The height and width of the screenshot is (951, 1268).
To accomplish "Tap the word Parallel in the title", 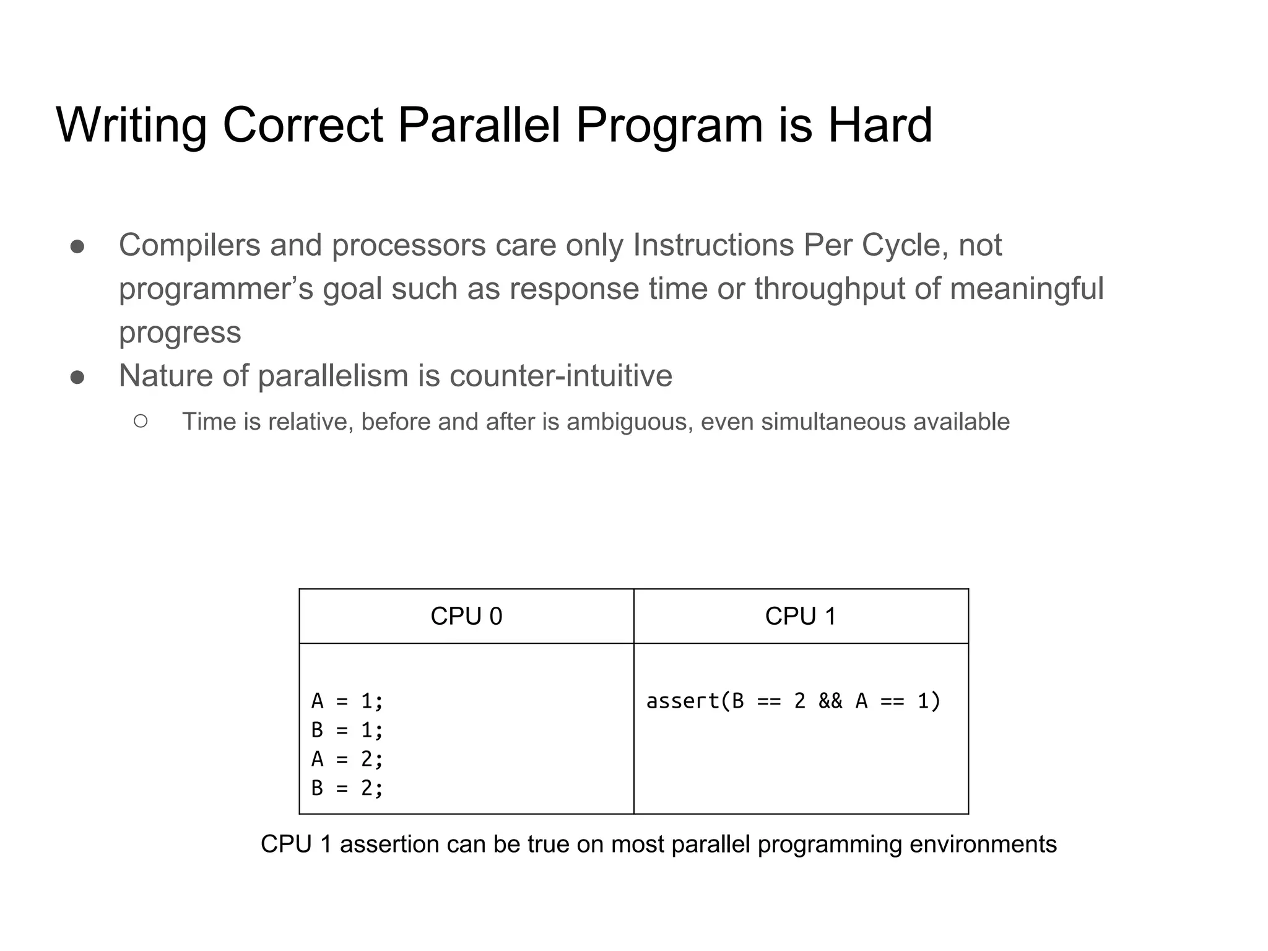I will click(x=479, y=125).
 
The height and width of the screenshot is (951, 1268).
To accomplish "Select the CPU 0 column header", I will click(x=466, y=616).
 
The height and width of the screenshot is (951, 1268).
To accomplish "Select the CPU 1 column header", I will click(x=801, y=616).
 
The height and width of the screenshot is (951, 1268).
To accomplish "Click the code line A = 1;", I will click(x=347, y=701).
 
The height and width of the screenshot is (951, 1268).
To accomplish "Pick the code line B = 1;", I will click(x=347, y=731).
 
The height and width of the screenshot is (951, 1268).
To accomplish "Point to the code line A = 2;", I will click(x=347, y=759).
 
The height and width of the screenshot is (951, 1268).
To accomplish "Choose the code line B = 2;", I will click(x=347, y=788).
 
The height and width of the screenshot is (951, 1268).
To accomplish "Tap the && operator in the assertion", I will click(x=830, y=701).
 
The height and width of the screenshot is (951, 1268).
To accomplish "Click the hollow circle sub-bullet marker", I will click(x=141, y=422).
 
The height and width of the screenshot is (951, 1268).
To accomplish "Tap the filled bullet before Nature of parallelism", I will click(x=77, y=377).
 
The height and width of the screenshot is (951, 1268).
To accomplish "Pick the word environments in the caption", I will click(x=983, y=845).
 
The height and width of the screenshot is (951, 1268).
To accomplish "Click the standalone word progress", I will click(x=180, y=333).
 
